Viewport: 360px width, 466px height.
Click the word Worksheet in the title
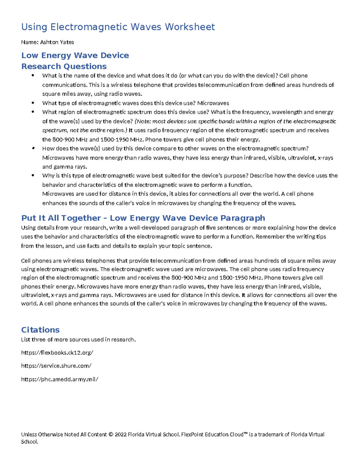(x=190, y=27)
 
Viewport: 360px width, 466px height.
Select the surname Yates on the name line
(x=67, y=42)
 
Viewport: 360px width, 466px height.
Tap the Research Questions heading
(x=64, y=66)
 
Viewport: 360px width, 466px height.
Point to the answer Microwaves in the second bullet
(x=213, y=103)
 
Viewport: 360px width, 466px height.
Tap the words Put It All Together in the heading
(x=61, y=218)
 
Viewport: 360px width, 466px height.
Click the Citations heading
(x=40, y=330)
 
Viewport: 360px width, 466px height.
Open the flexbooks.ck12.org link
(x=57, y=353)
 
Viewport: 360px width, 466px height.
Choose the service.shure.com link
(x=56, y=366)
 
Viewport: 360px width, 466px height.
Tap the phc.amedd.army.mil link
(x=59, y=379)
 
